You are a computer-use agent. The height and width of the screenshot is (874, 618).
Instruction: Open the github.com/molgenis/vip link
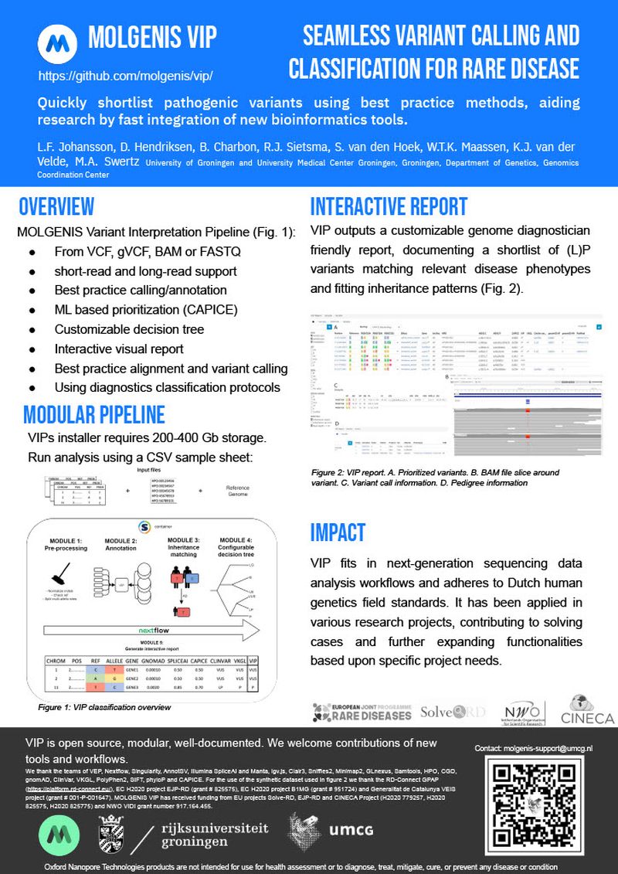125,77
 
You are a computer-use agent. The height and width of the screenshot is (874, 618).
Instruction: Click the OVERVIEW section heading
56,206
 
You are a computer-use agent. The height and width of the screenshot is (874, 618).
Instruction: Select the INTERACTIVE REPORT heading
389,206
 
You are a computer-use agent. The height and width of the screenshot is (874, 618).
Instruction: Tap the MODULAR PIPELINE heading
93,414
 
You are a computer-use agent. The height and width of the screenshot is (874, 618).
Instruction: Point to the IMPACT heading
338,532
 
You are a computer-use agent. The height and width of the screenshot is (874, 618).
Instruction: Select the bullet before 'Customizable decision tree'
32,330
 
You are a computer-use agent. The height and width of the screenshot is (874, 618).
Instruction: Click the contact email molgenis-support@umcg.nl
534,748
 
